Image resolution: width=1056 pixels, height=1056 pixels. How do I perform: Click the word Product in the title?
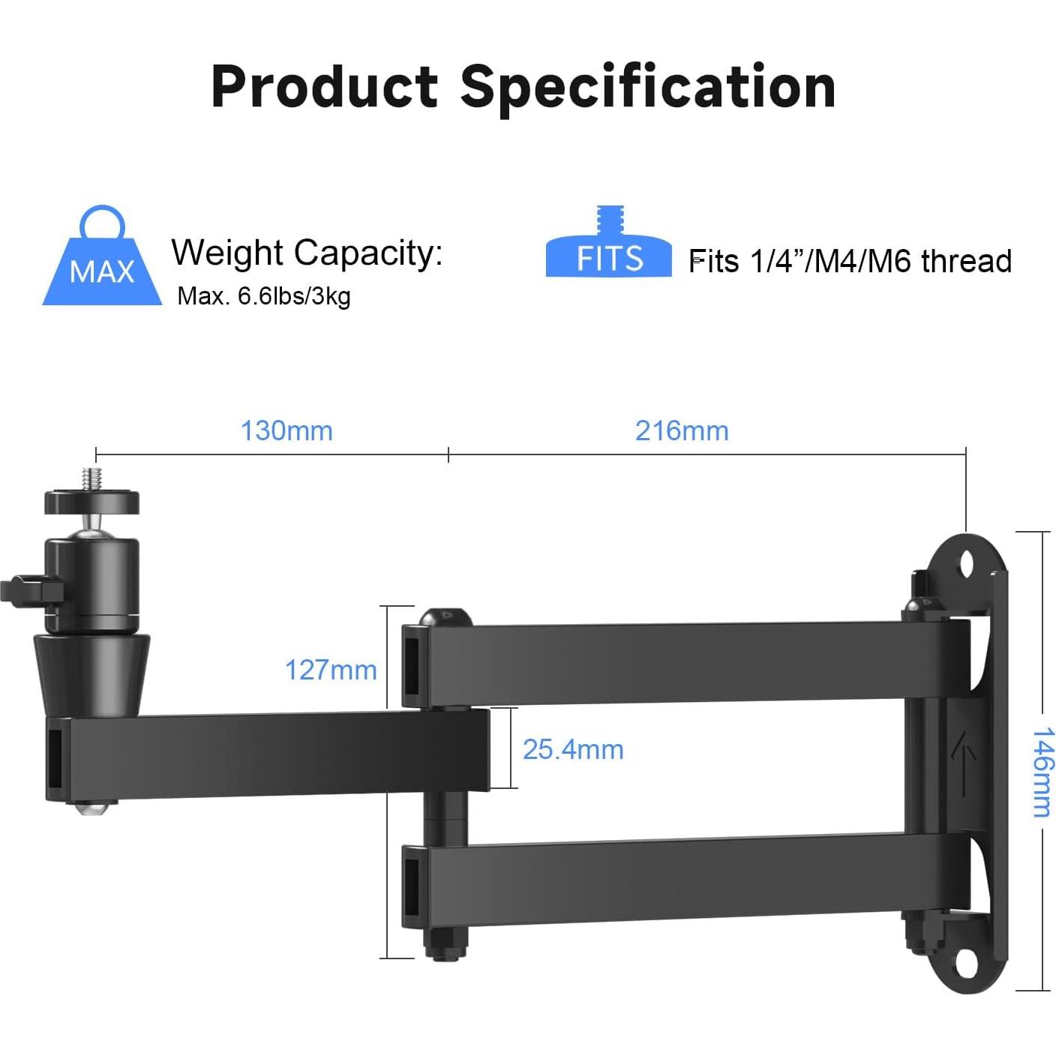[324, 87]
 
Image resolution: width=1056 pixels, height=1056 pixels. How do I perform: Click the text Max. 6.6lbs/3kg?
[264, 296]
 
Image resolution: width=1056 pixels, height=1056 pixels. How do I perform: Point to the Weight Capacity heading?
[307, 253]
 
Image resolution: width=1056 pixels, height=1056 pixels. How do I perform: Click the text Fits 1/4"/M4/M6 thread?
[850, 261]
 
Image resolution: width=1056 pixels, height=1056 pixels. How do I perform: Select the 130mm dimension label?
[286, 430]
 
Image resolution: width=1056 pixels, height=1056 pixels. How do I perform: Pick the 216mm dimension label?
[682, 430]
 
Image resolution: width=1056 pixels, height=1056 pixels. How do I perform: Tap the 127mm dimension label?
[331, 670]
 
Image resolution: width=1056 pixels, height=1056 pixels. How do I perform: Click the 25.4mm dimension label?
[573, 749]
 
